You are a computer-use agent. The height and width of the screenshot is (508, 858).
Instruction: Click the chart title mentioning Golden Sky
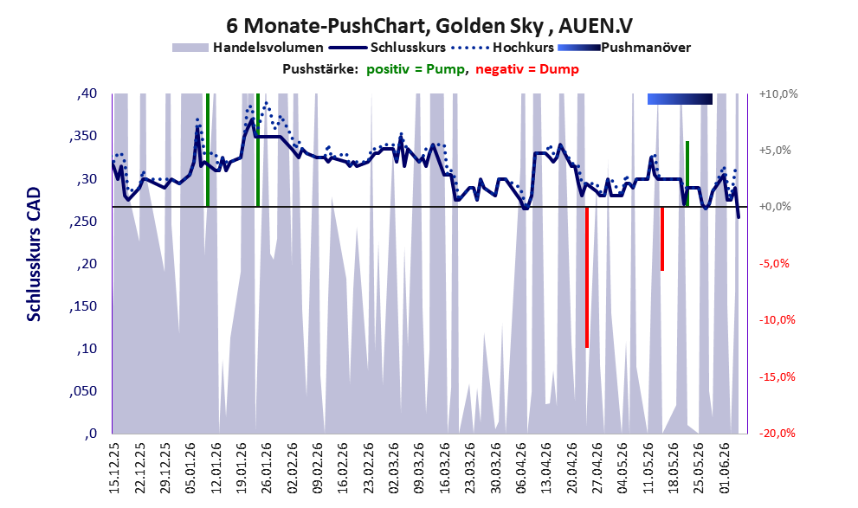(429, 26)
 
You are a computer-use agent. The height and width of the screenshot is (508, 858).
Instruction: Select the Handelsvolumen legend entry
(248, 48)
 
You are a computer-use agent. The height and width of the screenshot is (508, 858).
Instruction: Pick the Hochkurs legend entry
(502, 48)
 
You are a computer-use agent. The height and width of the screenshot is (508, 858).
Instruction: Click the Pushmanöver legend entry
(624, 48)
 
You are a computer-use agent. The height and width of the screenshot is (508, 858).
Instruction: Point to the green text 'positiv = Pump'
(416, 69)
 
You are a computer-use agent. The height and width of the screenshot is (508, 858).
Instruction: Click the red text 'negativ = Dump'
(527, 69)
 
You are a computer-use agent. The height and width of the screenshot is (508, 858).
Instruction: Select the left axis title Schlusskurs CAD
(34, 254)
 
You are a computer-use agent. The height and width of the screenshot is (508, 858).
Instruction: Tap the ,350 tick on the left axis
(83, 136)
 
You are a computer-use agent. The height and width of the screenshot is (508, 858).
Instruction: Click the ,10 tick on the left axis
(87, 349)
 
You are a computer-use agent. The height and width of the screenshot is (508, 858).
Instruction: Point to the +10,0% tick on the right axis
(778, 94)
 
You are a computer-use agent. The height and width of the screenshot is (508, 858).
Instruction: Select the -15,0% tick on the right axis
(777, 376)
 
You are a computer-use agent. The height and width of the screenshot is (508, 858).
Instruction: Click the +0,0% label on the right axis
(776, 207)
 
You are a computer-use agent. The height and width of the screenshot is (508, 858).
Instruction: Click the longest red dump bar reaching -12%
(587, 277)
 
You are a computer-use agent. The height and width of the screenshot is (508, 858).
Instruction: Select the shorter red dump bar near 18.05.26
(662, 239)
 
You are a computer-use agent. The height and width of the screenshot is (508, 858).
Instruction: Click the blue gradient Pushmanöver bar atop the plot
(681, 99)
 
